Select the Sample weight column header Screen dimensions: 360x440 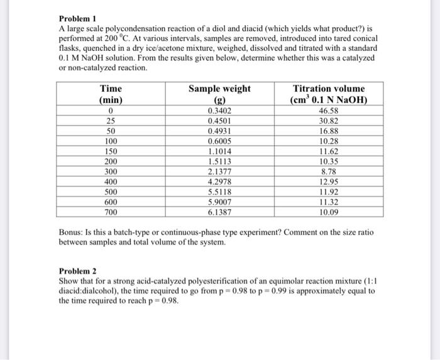(219, 89)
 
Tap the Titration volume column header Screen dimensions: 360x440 (328, 89)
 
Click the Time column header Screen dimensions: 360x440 (111, 89)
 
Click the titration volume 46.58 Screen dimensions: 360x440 (328, 111)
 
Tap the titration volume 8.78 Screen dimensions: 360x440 (328, 172)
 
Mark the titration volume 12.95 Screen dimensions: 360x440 (328, 182)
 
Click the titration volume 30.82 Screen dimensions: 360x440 (328, 121)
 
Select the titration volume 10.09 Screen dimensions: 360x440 (328, 212)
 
